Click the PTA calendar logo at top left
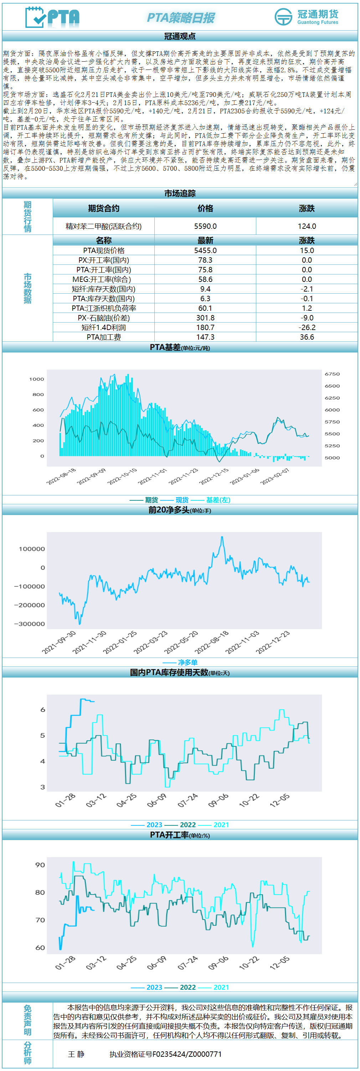coord(52,17)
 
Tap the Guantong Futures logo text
coord(318,17)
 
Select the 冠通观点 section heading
coord(180,36)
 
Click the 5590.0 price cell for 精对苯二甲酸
coord(205,226)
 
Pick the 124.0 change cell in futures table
coord(307,226)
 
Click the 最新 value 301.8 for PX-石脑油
coord(205,318)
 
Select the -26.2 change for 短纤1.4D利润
coord(307,327)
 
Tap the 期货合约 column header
coord(103,208)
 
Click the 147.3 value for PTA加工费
coord(205,337)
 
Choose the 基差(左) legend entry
coord(218,500)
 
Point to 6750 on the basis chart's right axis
coord(332,374)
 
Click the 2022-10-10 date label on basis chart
coord(122,477)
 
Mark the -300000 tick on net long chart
coord(29,624)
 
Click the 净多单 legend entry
coord(187,662)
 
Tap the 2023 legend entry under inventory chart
coord(154,824)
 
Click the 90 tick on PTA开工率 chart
coord(40,865)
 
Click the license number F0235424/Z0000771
coord(165,1054)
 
